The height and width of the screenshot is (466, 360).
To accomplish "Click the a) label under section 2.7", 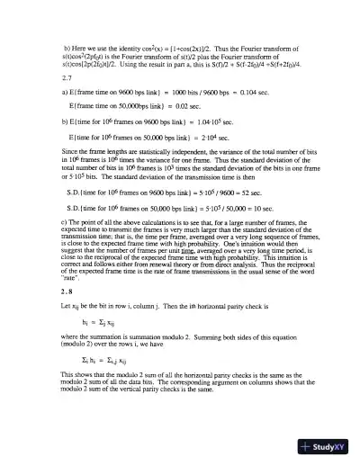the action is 67,94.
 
